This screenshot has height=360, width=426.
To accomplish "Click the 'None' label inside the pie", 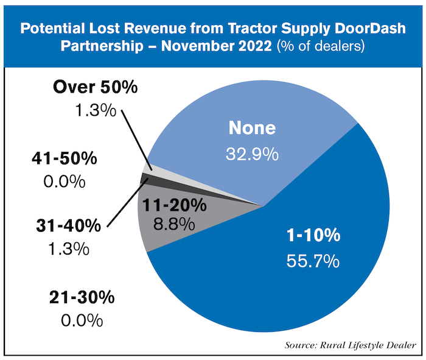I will point(252,129).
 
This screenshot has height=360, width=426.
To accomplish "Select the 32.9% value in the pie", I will point(253,153).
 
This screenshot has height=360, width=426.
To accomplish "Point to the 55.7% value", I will point(313,263).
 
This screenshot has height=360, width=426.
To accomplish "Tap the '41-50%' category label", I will point(63,158).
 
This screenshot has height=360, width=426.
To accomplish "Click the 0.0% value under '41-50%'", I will point(65,182).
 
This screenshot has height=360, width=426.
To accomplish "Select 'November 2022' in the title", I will point(227,46).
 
